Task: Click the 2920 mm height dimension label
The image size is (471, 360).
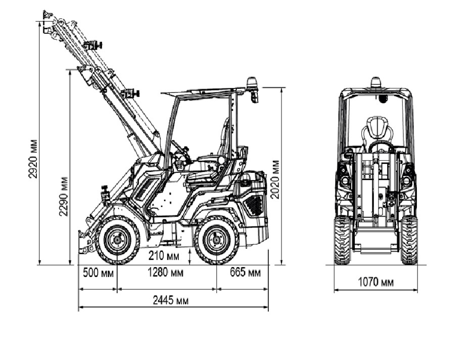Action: click(x=34, y=158)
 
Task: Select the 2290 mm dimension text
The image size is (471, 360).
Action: click(x=64, y=196)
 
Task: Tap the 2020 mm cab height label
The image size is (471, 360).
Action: click(x=275, y=179)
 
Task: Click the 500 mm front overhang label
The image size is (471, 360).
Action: click(x=98, y=273)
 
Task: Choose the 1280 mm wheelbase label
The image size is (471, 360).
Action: click(x=165, y=273)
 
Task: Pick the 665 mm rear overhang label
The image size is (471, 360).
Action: click(x=245, y=273)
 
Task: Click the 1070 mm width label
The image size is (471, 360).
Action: click(x=375, y=282)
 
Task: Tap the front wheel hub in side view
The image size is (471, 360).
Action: click(x=118, y=240)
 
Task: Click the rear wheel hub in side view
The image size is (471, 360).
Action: click(x=217, y=240)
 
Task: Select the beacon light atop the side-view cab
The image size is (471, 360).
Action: click(x=252, y=84)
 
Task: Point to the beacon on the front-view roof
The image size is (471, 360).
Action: click(x=375, y=82)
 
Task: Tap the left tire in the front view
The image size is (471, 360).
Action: click(x=342, y=240)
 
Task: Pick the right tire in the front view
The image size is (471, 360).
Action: click(x=409, y=240)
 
